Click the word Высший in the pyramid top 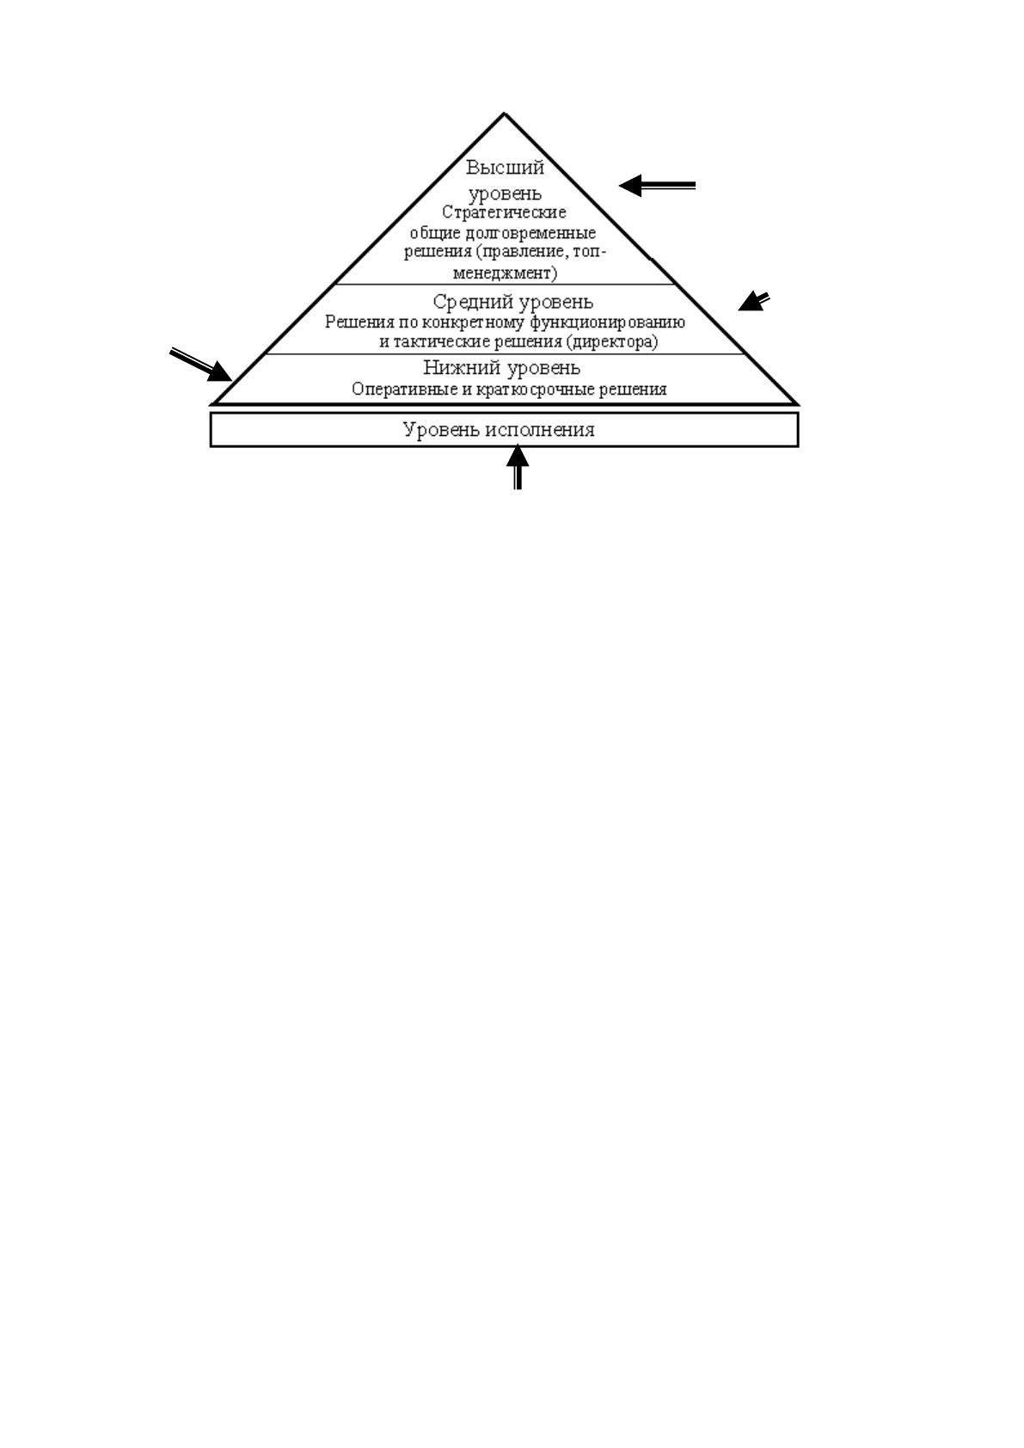(505, 168)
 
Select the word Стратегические (504, 212)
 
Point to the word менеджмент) (505, 273)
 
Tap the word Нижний (462, 368)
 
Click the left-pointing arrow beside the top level (658, 186)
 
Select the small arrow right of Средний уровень (754, 302)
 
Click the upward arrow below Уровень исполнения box (518, 468)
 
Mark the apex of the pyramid (504, 114)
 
